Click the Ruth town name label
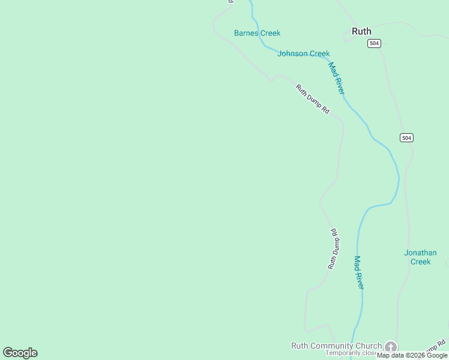pos(361,31)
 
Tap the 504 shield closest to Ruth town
pos(375,43)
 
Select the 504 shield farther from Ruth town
pos(406,138)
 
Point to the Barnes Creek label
pos(257,33)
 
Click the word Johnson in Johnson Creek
pos(292,53)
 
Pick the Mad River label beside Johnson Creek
pos(337,78)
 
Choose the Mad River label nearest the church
pos(358,272)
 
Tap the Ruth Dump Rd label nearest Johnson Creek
pos(313,99)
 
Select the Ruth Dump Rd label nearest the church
pos(334,248)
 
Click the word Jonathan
pos(420,253)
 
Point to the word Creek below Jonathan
pos(420,262)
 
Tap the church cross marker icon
pos(391,347)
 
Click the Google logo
pos(20,353)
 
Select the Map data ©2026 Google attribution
pos(412,356)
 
